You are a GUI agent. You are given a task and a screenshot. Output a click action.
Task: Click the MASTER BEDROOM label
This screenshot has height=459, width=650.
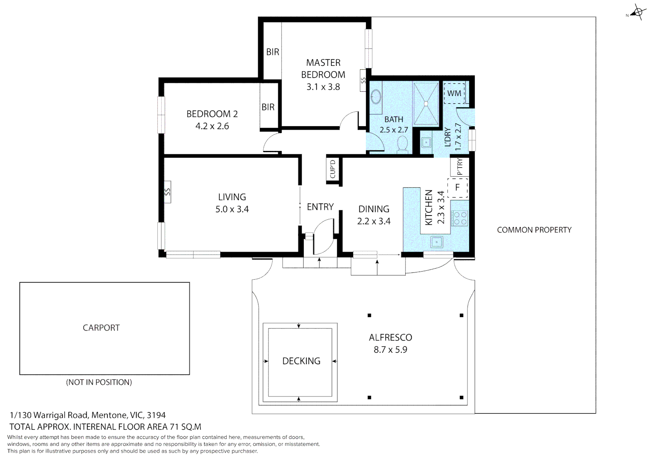pyautogui.click(x=323, y=68)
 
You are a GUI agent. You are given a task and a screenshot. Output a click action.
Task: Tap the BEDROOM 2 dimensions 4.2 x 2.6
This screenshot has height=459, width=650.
pyautogui.click(x=212, y=126)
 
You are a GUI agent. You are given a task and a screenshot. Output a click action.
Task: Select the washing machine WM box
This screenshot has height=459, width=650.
pyautogui.click(x=454, y=93)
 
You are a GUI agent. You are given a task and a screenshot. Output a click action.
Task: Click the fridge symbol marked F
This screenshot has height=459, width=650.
pyautogui.click(x=457, y=187)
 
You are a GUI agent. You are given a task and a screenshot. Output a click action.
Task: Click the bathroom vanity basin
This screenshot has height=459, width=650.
pyautogui.click(x=376, y=97)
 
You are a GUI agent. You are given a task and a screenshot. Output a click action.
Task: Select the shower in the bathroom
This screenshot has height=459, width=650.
pyautogui.click(x=426, y=103)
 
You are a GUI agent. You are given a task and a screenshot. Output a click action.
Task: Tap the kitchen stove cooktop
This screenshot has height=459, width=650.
pyautogui.click(x=460, y=218)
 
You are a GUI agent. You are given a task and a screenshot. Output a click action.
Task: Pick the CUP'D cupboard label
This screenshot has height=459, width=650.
pyautogui.click(x=333, y=169)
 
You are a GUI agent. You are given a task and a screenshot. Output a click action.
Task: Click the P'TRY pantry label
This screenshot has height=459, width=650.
pyautogui.click(x=459, y=167)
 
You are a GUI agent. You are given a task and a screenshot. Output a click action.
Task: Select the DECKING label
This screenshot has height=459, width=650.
pyautogui.click(x=301, y=361)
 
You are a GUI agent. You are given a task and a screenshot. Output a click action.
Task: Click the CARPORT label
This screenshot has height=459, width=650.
pyautogui.click(x=101, y=328)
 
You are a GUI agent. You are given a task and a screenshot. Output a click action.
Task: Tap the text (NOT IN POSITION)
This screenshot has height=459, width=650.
pyautogui.click(x=99, y=382)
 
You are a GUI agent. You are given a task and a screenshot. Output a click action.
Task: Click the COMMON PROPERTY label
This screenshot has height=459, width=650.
pyautogui.click(x=534, y=230)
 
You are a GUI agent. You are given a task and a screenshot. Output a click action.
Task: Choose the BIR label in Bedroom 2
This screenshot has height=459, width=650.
pyautogui.click(x=268, y=107)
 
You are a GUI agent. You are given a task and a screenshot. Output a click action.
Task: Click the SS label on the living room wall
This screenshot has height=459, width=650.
pyautogui.click(x=167, y=192)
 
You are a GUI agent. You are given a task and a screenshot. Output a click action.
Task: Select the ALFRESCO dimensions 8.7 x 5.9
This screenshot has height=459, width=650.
pyautogui.click(x=390, y=350)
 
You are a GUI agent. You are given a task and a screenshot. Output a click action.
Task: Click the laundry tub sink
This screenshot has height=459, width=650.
pyautogui.click(x=426, y=142)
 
